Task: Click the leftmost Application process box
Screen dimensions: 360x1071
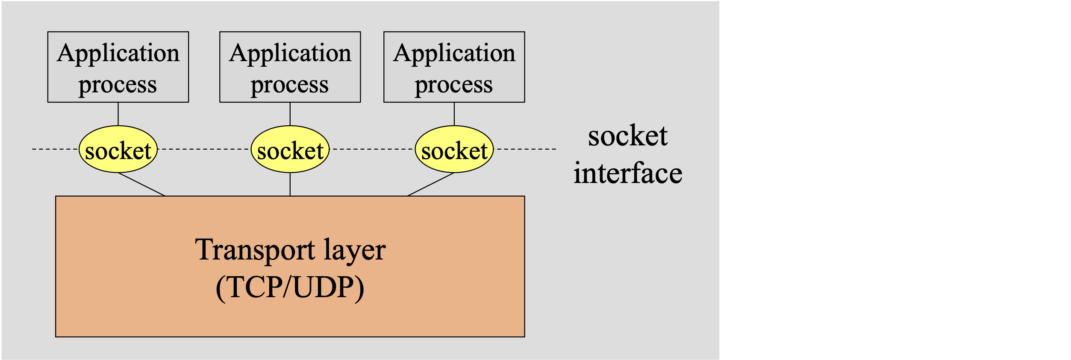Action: point(118,67)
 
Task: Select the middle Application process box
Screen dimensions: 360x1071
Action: point(290,67)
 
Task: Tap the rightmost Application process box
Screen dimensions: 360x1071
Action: point(454,67)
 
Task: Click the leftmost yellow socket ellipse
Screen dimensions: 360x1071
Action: point(118,150)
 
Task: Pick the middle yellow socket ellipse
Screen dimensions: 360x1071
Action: point(290,150)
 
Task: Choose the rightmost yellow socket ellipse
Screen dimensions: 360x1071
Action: point(454,150)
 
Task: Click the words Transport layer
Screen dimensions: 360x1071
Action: point(290,250)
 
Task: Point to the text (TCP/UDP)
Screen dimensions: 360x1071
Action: point(290,287)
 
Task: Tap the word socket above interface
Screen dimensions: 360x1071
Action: point(627,136)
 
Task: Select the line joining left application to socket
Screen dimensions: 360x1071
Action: point(118,114)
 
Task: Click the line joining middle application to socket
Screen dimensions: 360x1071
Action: point(290,114)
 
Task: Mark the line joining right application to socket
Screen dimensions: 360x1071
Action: point(454,114)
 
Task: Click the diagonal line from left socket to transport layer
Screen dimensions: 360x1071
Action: point(141,184)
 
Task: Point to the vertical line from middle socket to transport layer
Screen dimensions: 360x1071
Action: point(290,184)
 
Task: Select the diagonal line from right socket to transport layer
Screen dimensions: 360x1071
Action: point(431,184)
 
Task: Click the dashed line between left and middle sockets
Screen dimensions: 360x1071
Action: point(204,149)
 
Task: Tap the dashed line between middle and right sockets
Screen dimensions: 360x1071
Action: point(372,149)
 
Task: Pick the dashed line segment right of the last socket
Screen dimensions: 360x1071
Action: point(526,149)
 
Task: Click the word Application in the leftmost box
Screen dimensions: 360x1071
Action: point(118,53)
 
